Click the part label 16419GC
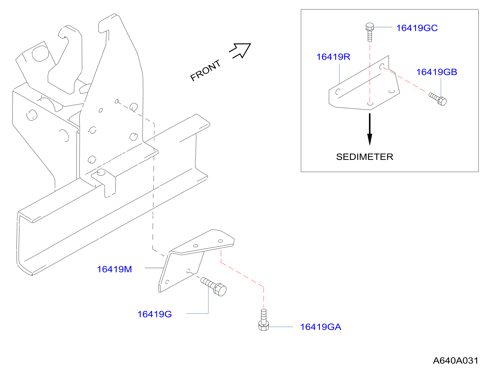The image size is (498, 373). (417, 28)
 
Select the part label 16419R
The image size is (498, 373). (333, 57)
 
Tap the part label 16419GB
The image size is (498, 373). (437, 72)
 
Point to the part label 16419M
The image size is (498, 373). (114, 269)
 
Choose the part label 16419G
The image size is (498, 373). (155, 314)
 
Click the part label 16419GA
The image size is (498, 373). (321, 327)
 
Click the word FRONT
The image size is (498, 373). (205, 71)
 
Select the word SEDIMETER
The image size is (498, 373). (365, 157)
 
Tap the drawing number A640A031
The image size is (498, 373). (455, 361)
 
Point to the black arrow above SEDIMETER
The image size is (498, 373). (370, 129)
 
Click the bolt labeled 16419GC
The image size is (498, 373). (370, 32)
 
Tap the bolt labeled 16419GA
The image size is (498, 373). (263, 320)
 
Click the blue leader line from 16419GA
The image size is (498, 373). (281, 327)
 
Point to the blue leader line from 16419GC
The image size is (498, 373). (383, 27)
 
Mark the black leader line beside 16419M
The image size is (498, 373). (154, 268)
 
